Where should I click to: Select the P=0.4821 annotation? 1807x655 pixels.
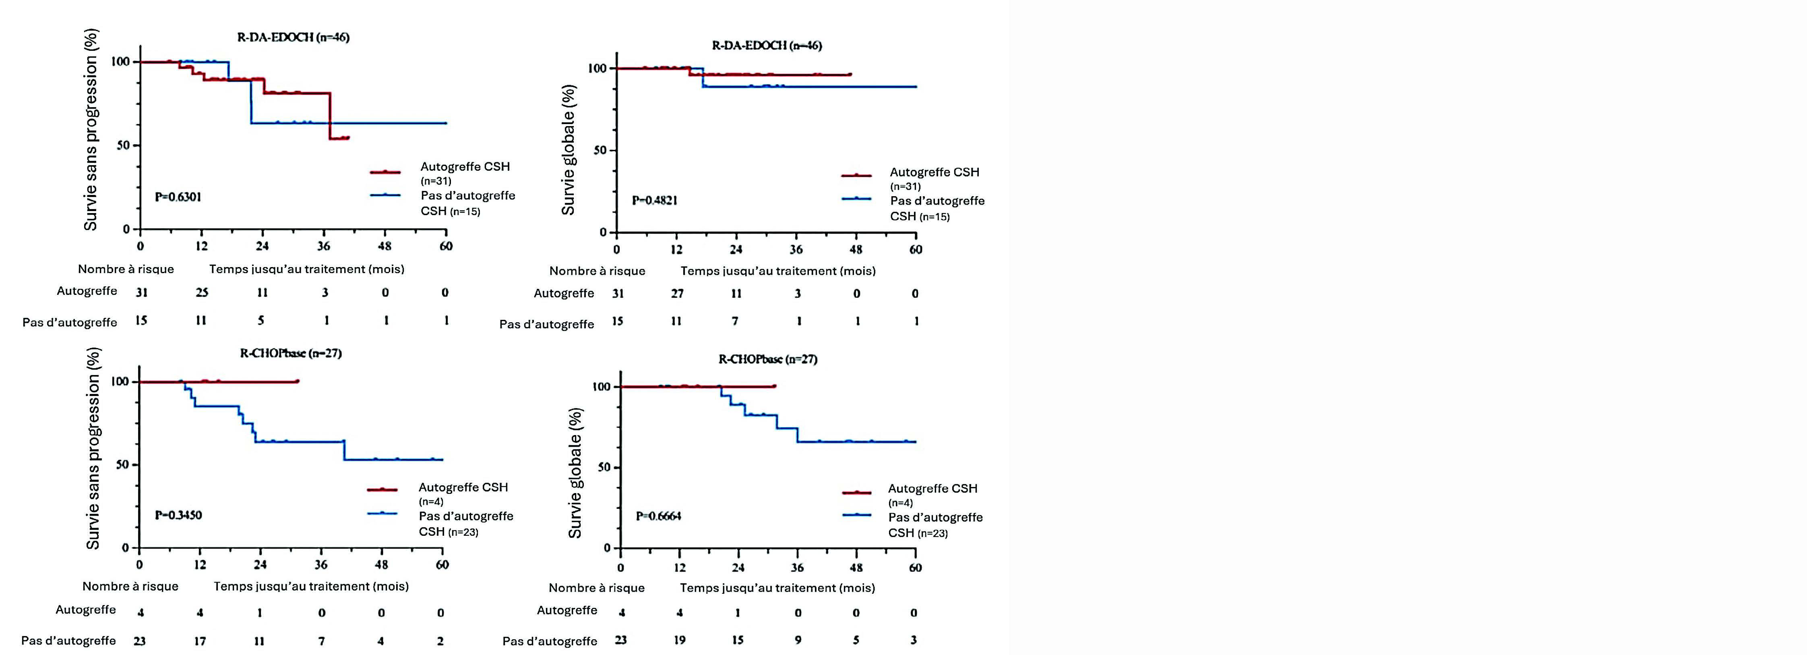tap(655, 201)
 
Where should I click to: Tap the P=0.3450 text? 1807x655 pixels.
tap(178, 515)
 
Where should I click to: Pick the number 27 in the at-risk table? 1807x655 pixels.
tap(677, 293)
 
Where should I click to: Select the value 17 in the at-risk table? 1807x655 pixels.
tap(200, 641)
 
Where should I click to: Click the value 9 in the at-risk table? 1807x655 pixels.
tap(798, 640)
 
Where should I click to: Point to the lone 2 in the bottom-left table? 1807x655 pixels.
tap(440, 641)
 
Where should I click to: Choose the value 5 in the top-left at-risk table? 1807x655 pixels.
tap(261, 321)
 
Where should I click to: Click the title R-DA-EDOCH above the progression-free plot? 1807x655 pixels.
tap(293, 37)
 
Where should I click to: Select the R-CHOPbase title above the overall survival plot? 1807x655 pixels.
tap(767, 359)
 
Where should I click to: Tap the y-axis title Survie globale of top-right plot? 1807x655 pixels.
tap(568, 149)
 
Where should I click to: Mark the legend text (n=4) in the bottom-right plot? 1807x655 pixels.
tap(901, 503)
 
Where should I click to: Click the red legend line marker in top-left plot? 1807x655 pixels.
tap(385, 171)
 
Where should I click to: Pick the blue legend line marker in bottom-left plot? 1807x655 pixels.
tap(382, 513)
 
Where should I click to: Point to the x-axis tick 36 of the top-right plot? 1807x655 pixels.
tap(796, 249)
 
